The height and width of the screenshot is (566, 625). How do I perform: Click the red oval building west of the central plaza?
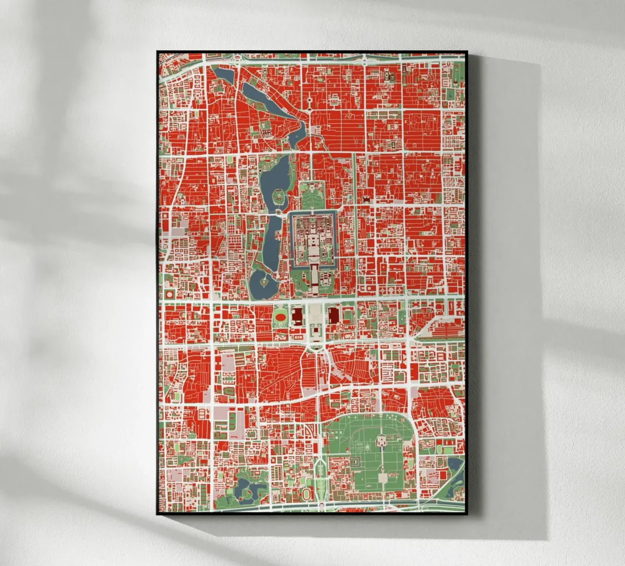point(280,316)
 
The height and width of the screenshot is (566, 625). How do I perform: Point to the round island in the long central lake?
point(279,196)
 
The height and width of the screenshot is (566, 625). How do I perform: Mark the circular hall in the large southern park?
point(381,442)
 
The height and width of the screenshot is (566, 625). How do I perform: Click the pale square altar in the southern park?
point(382,478)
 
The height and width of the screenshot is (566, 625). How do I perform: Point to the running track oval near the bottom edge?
point(306,494)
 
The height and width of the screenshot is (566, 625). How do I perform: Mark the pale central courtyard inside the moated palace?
point(312,242)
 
